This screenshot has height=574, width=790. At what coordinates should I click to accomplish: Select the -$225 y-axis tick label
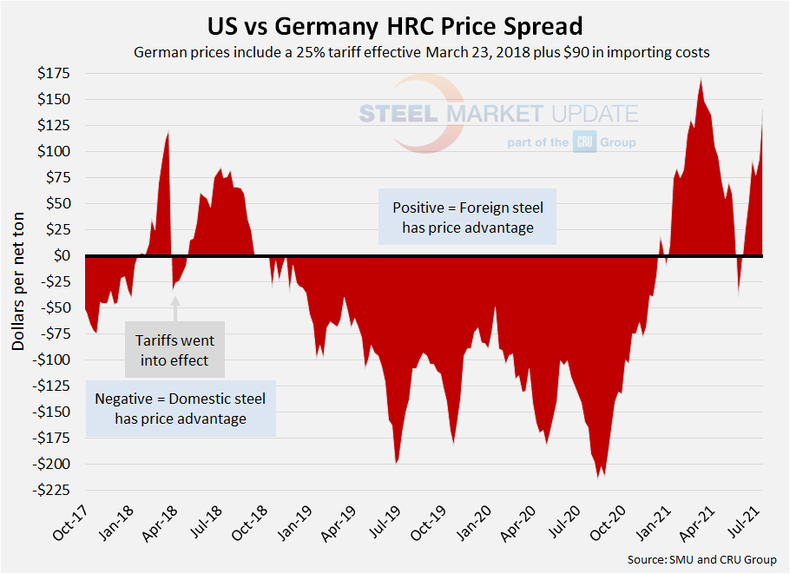(55, 491)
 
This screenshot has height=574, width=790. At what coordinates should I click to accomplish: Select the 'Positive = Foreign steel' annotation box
(467, 218)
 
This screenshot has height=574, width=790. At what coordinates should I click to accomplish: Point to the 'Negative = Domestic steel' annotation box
(181, 408)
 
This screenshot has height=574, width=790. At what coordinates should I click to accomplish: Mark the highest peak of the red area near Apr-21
(701, 81)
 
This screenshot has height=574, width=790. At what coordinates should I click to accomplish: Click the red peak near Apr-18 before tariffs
(168, 132)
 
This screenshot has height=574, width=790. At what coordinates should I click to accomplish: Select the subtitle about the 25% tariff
(422, 52)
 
